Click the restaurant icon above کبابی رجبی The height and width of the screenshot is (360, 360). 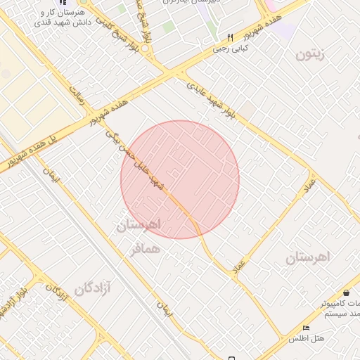click(x=229, y=38)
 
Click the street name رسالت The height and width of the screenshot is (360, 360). click(x=77, y=94)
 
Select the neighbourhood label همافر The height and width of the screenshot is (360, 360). click(x=145, y=250)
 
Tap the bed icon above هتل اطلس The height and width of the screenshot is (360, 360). click(x=305, y=328)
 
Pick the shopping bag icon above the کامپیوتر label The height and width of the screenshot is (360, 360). click(x=347, y=293)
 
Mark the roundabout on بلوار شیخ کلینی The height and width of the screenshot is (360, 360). click(x=146, y=49)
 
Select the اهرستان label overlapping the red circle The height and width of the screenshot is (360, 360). click(x=139, y=225)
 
